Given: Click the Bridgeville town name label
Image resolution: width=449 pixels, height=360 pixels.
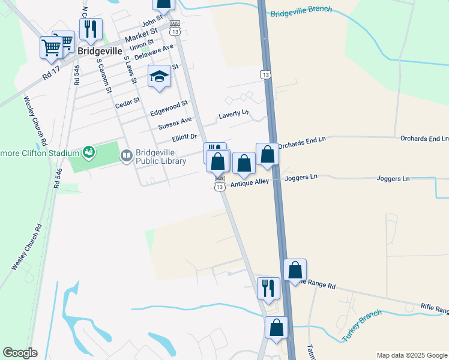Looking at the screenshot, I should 100,52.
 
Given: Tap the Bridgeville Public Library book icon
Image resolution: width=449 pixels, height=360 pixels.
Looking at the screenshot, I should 127,157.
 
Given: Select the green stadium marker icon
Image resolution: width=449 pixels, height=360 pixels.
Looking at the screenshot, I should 89,152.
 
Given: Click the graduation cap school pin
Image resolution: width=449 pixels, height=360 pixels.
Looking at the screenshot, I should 159,77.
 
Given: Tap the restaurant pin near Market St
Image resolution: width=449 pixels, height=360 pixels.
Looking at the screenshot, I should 91,29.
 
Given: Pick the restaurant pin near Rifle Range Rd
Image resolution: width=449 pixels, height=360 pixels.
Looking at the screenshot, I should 268,288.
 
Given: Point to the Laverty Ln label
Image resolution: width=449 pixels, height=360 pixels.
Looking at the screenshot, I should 234,113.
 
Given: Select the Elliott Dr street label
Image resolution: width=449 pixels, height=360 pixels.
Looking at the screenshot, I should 184,138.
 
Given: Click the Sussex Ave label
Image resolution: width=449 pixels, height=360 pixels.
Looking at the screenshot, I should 170,126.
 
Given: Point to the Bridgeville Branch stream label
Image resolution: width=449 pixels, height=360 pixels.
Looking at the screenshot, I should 301,13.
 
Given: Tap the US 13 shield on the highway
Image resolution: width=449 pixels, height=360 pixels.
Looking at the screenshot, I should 265,74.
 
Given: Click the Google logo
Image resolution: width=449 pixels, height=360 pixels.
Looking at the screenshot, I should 20,353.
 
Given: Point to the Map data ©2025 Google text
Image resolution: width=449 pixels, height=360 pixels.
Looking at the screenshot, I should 412,355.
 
